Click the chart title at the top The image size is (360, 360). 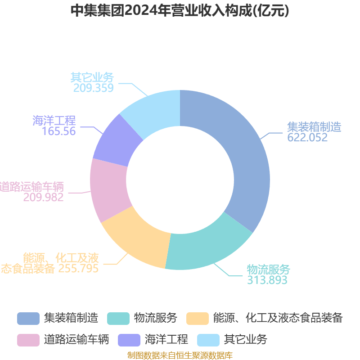click(x=180, y=10)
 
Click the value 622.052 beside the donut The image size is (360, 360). click(x=308, y=138)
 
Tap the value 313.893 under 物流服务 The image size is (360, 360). click(x=267, y=280)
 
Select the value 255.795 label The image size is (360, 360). click(x=78, y=269)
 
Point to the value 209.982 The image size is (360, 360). click(x=44, y=197)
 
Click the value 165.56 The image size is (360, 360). click(x=59, y=131)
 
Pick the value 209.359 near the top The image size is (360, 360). click(x=94, y=88)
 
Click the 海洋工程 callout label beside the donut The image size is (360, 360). click(x=54, y=121)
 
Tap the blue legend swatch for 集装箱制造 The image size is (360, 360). click(x=28, y=318)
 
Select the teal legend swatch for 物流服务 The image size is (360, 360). click(x=118, y=318)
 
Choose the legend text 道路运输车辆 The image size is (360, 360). click(x=76, y=339)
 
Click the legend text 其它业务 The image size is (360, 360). click(x=245, y=339)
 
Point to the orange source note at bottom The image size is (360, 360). click(x=180, y=355)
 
